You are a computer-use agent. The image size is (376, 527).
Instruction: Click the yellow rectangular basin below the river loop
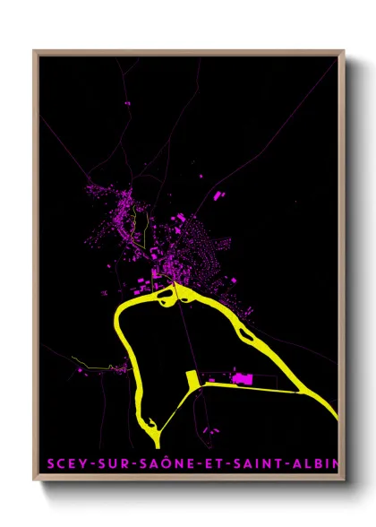click(190, 379)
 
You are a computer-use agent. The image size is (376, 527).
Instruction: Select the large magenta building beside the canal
click(240, 378)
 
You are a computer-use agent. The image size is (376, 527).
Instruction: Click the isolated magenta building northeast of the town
click(218, 194)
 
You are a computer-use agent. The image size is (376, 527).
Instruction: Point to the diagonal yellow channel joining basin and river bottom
click(175, 408)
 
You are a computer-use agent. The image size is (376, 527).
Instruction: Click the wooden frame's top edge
click(188, 52)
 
